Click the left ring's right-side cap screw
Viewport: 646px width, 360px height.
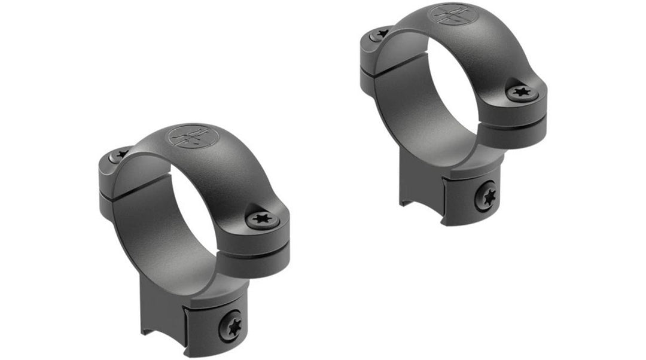[261, 219]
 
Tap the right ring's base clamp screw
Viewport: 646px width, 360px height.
[485, 196]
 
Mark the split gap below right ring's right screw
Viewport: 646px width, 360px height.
[519, 119]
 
